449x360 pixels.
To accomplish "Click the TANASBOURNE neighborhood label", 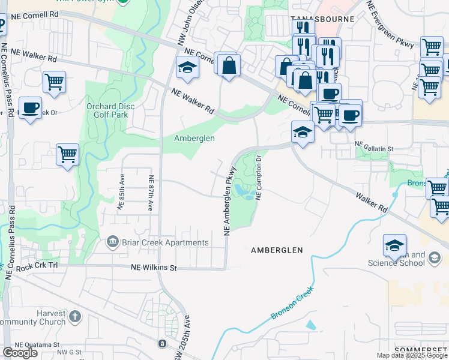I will tap(321, 19).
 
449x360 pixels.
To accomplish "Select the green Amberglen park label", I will tap(194, 138).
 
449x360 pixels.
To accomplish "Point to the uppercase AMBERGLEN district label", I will tap(277, 250).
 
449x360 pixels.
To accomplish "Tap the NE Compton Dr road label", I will tap(259, 178).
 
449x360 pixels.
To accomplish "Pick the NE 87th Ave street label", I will tap(151, 193).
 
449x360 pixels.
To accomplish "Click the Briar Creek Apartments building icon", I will tap(112, 242).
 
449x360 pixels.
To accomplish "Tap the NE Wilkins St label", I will tap(154, 268).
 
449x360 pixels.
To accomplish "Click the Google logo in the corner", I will tap(20, 353).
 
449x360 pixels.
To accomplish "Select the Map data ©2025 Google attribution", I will tap(412, 355).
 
